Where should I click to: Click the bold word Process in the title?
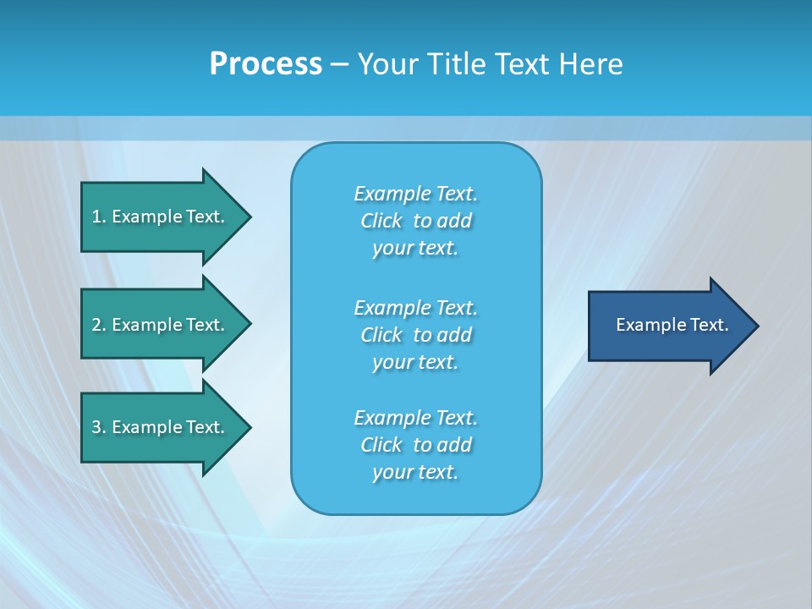[266, 64]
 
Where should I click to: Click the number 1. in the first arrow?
[99, 217]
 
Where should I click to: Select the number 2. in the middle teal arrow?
[99, 325]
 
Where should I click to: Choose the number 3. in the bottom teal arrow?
[99, 427]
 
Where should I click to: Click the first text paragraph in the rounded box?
[415, 221]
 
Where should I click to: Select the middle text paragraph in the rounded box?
[415, 335]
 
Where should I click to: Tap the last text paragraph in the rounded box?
[415, 445]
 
